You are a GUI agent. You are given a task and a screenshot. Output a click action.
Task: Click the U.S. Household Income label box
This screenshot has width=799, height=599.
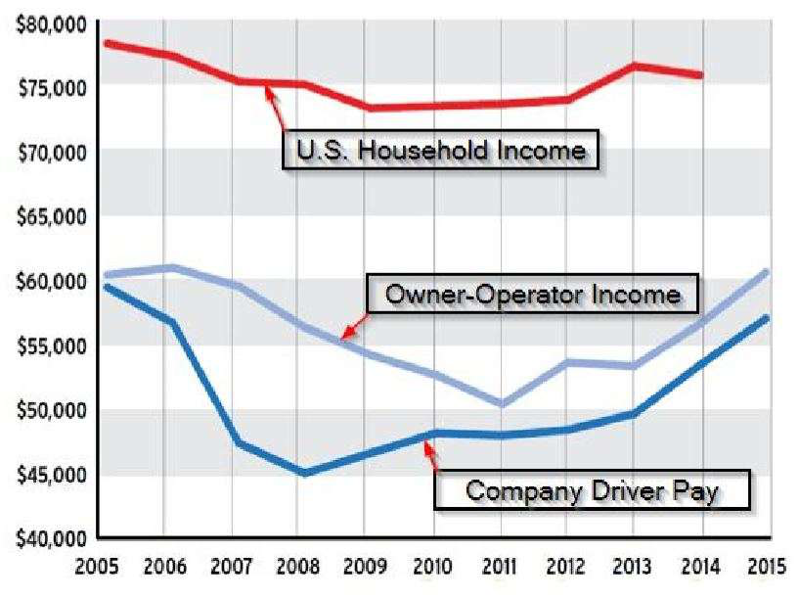pos(440,150)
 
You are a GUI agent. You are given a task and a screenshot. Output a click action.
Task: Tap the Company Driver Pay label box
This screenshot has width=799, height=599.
pos(593,489)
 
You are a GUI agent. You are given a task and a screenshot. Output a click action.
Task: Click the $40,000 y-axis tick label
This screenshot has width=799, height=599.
pos(50,537)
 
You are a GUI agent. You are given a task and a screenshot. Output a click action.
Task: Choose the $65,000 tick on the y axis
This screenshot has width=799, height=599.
pos(50,216)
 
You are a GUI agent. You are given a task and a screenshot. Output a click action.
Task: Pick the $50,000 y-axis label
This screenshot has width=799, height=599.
pos(50,409)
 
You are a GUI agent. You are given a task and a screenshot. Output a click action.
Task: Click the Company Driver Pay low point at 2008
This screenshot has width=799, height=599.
pos(304,473)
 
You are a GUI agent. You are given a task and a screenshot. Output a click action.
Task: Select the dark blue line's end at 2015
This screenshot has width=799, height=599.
pos(768,318)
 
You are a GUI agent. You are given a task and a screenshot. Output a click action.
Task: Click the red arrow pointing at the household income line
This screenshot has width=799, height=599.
pos(277,109)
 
